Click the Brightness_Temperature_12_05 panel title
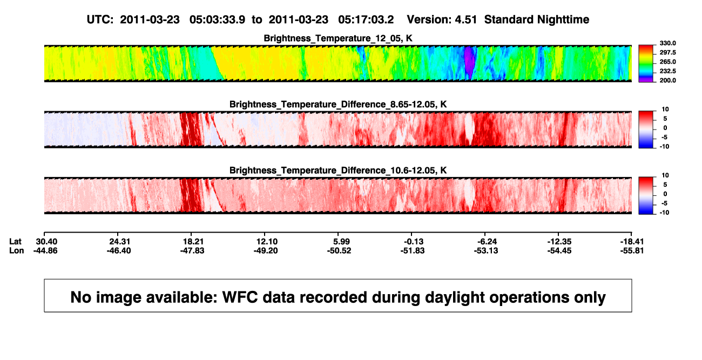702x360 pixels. tap(338, 38)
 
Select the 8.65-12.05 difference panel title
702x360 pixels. tap(338, 104)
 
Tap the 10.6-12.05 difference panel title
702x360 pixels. tap(338, 171)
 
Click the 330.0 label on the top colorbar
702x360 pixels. tap(667, 43)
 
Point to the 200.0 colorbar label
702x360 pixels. tap(667, 80)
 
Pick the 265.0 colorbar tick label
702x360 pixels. tap(667, 62)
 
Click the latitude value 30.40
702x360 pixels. tap(46, 242)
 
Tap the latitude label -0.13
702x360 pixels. tap(413, 242)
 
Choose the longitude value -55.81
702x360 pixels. tap(632, 250)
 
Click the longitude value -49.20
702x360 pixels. tap(266, 250)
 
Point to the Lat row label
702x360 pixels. tap(15, 242)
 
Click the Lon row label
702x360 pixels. tap(17, 250)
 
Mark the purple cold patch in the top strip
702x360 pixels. tap(469, 62)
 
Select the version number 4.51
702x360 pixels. tap(465, 20)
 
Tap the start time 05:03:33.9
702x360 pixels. tap(217, 20)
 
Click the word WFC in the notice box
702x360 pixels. tap(240, 297)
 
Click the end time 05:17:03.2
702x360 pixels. tap(366, 20)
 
